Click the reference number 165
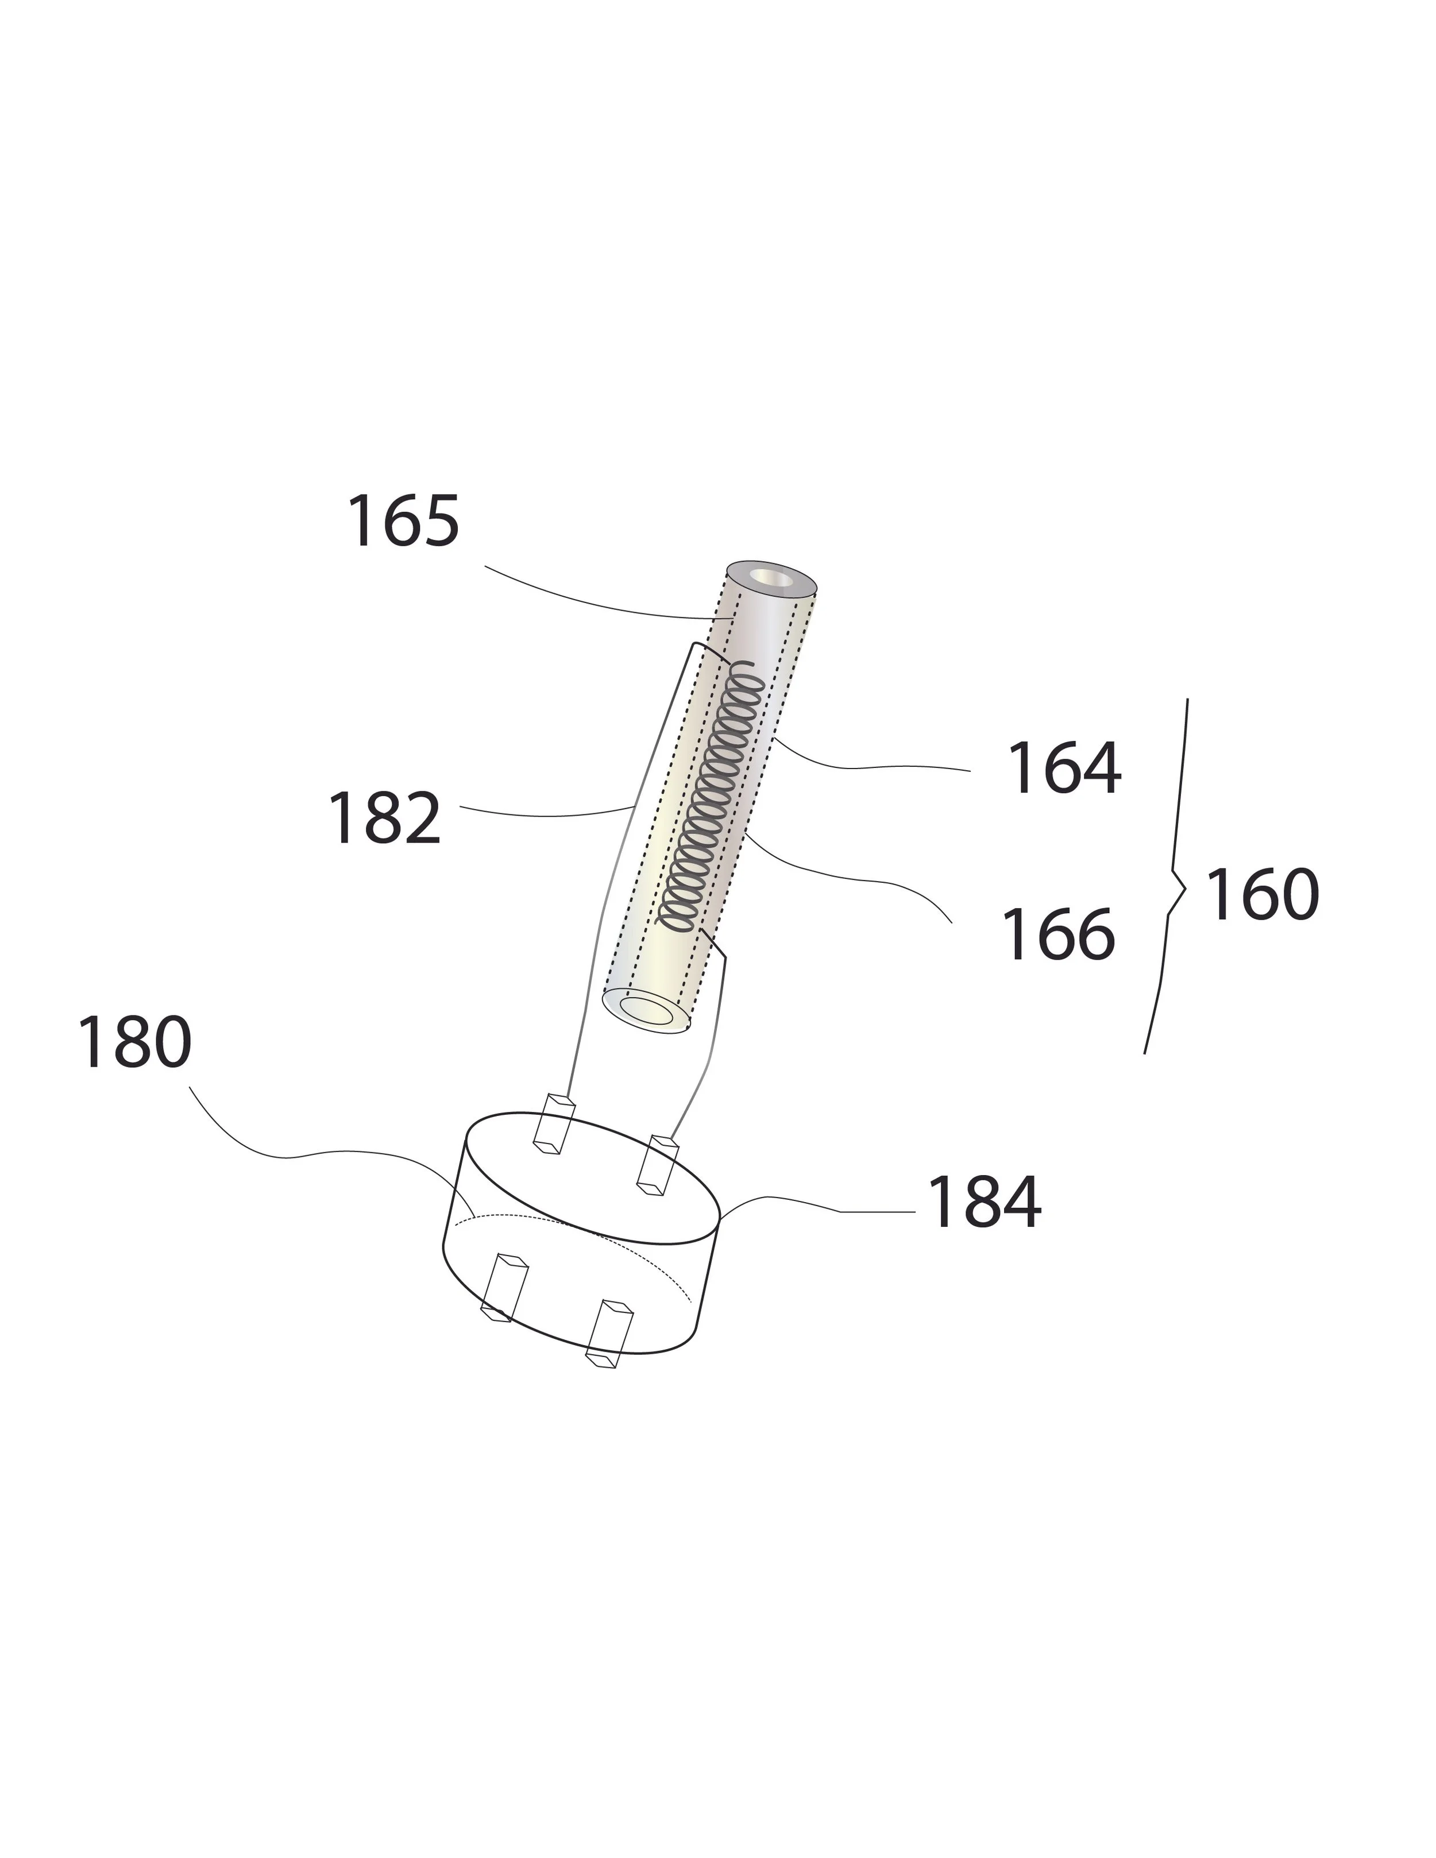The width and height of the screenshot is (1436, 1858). pos(403,522)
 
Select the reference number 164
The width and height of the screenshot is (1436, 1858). pos(1063,769)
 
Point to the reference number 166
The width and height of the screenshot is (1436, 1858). pos(1058,935)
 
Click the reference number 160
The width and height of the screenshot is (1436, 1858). pos(1263,895)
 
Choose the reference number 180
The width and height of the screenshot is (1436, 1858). pos(134,1043)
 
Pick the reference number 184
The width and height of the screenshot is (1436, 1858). pos(983,1203)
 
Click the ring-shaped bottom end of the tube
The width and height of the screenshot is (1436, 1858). pos(646,1011)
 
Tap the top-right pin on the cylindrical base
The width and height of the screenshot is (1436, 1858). pos(658,1164)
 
